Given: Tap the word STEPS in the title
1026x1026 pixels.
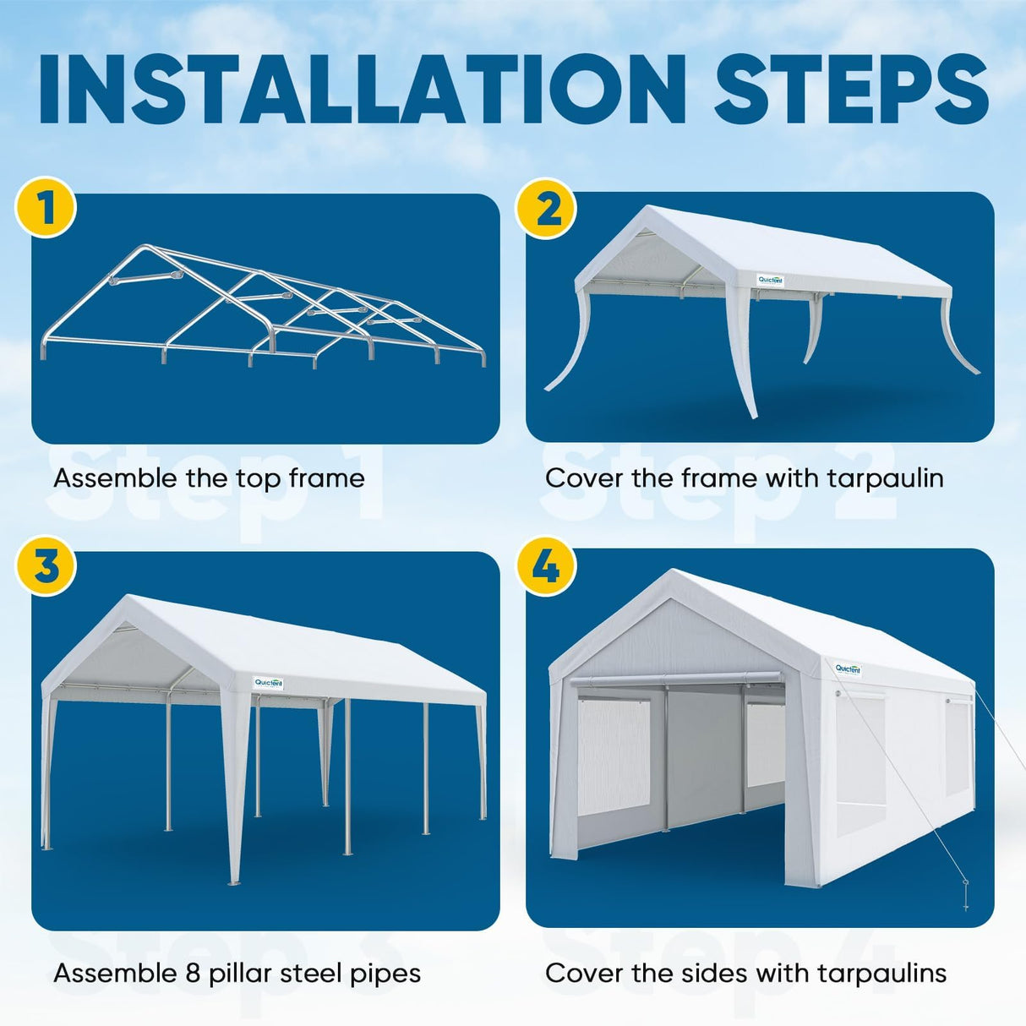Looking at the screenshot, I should click(851, 90).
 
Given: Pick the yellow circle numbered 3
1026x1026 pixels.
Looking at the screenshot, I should click(46, 565).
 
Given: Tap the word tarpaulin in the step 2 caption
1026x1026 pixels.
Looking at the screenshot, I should click(885, 479).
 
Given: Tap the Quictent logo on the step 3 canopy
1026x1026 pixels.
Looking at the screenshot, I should click(269, 683).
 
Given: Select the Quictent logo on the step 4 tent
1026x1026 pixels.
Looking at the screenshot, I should click(848, 669).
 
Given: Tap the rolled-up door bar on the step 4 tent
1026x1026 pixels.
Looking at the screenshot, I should click(674, 679).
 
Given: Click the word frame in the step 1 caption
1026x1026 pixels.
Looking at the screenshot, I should click(326, 478).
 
